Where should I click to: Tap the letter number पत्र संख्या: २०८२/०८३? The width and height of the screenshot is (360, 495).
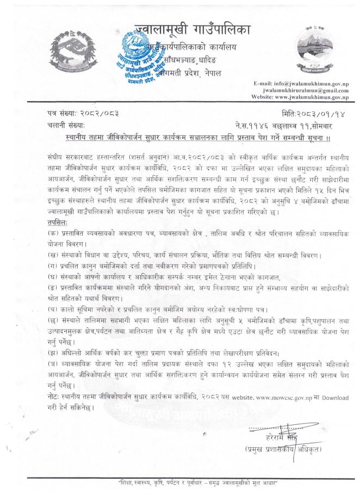tap(82, 116)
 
